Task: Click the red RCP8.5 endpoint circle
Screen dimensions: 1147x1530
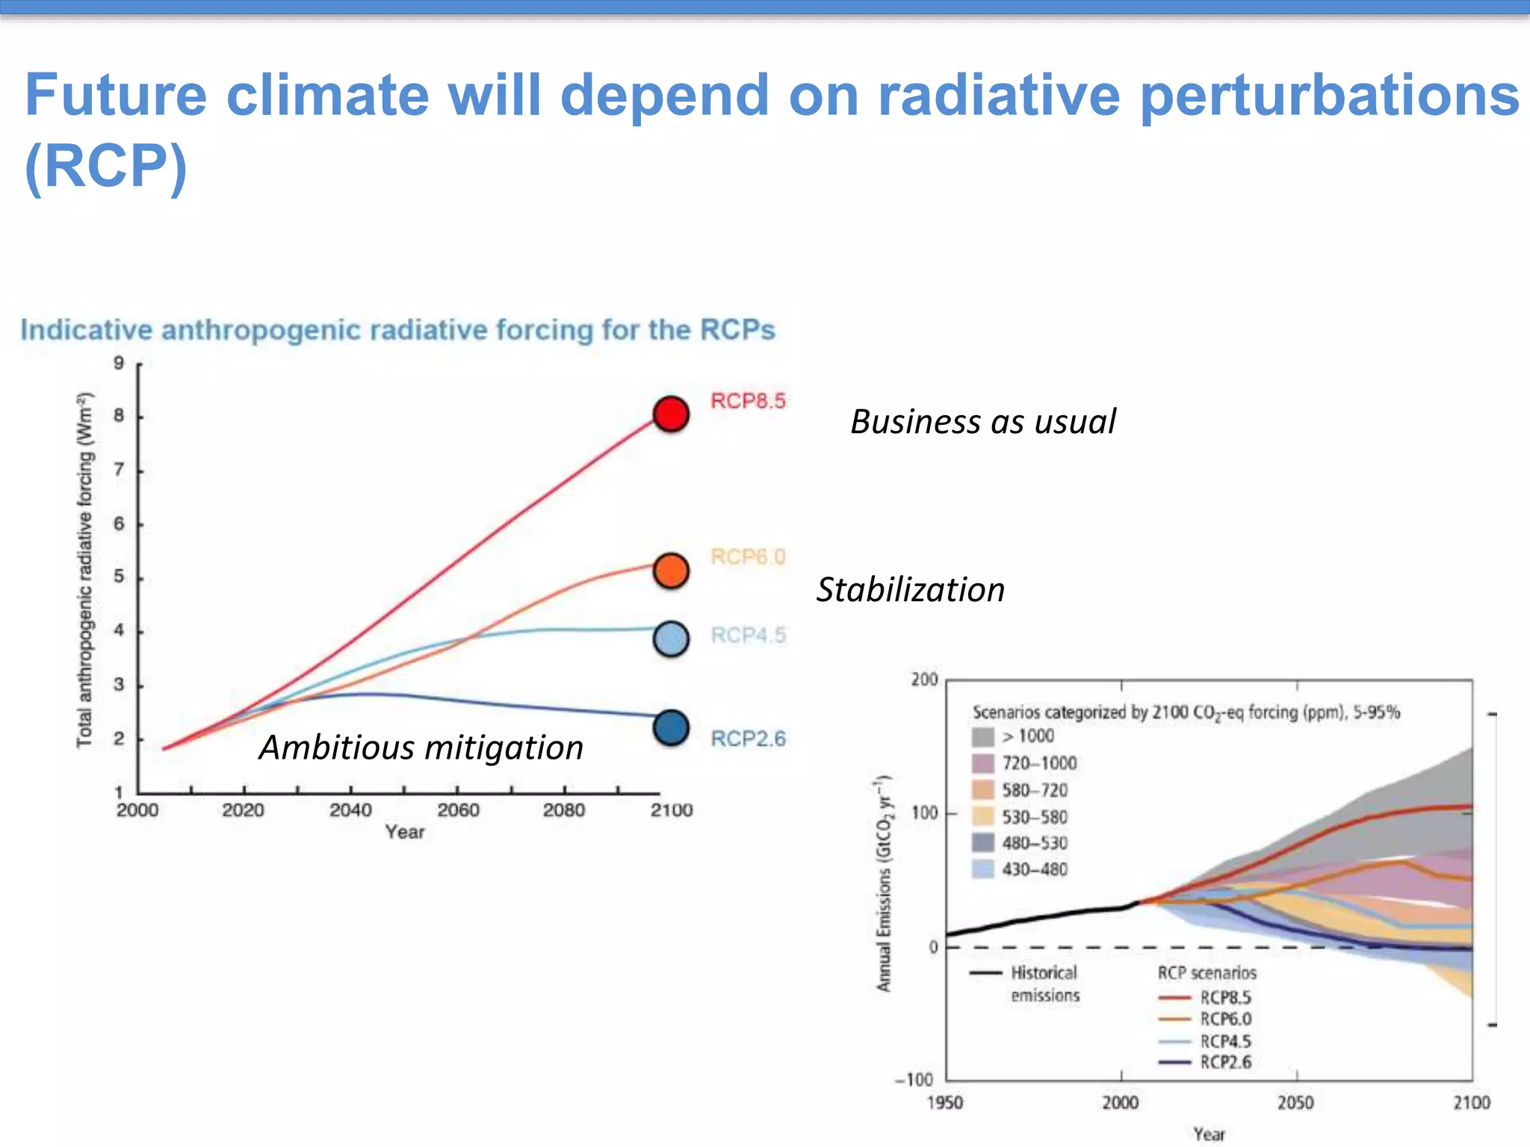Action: pos(671,414)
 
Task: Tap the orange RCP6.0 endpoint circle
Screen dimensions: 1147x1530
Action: pos(671,571)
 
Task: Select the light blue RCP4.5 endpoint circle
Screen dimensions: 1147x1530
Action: pos(671,639)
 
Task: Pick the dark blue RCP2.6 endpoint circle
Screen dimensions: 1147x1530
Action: pos(671,729)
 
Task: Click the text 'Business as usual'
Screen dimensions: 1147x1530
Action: pos(982,422)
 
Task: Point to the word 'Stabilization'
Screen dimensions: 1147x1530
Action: pos(910,590)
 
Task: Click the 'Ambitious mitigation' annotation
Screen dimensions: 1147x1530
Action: pos(421,747)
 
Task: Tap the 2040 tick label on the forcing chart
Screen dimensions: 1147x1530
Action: pos(350,810)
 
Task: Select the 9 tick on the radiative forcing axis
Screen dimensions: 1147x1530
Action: pos(119,364)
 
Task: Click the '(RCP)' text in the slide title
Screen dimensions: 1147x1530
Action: pos(105,166)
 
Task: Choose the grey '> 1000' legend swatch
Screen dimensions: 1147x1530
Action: pos(983,737)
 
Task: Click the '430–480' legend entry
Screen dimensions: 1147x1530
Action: pos(1034,869)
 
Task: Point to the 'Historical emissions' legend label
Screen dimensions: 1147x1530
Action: pos(1044,983)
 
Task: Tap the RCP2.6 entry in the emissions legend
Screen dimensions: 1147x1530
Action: pos(1225,1063)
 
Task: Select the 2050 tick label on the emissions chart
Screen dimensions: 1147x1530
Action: pos(1295,1103)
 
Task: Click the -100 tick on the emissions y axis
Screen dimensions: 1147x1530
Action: pos(915,1080)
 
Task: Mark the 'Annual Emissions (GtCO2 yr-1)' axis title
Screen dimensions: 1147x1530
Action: pos(885,883)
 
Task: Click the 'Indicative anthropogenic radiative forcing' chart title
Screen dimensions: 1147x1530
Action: pos(397,330)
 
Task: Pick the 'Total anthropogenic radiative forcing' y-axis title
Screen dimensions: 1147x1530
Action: pos(85,569)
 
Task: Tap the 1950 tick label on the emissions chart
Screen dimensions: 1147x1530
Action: pos(945,1103)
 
